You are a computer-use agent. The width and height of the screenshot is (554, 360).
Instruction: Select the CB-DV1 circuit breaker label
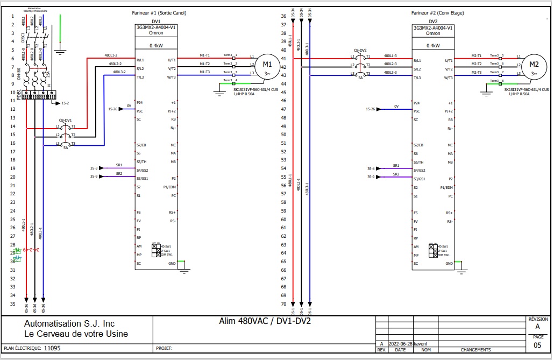[x=65, y=121]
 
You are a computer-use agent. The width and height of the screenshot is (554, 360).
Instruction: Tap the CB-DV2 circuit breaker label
[x=360, y=50]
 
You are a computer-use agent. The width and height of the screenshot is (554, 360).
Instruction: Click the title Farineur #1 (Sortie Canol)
[x=159, y=13]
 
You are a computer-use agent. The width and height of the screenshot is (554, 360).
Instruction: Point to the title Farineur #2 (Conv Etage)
[x=437, y=13]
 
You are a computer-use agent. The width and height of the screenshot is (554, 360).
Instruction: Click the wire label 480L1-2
[x=111, y=56]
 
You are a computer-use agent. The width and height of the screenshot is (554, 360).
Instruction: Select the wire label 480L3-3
[x=390, y=73]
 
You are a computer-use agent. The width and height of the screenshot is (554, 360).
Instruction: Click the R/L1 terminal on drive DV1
[x=140, y=61]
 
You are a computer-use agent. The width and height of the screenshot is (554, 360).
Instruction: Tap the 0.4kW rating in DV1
[x=156, y=46]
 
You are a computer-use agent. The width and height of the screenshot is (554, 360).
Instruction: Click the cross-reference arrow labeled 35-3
[x=95, y=168]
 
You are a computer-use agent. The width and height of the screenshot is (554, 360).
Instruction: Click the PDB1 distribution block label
[x=19, y=95]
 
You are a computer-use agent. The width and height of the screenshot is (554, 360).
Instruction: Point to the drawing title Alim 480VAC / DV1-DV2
[x=265, y=321]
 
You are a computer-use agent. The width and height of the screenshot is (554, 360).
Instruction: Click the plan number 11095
[x=52, y=348]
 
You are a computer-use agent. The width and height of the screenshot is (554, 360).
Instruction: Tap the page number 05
[x=537, y=345]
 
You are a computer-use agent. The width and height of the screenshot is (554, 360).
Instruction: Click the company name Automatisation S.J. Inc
[x=69, y=324]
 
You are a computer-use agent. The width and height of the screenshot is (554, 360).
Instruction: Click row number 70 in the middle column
[x=283, y=304]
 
